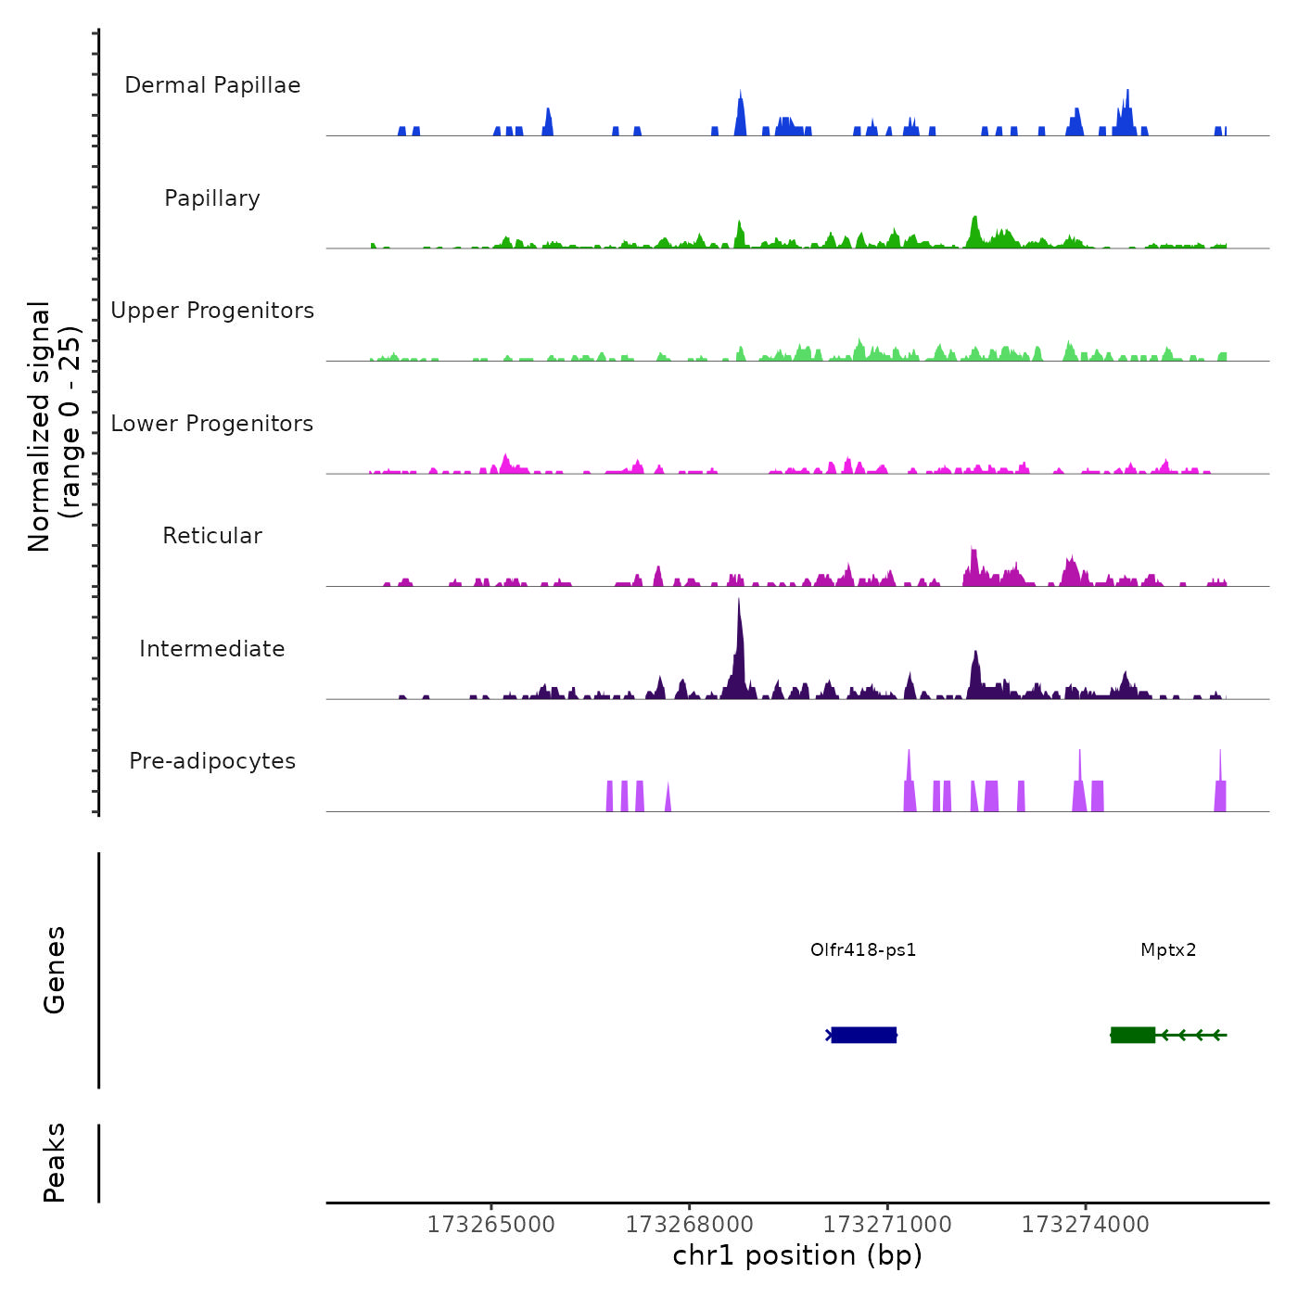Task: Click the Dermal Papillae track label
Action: [212, 85]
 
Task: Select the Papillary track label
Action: [212, 198]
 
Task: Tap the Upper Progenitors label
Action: [212, 311]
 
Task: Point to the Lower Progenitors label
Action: [212, 424]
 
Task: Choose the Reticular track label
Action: [212, 536]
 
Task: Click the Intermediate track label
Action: [212, 649]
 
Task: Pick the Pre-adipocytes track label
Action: [212, 761]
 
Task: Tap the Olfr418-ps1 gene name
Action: [863, 949]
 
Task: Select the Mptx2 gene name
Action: [1168, 949]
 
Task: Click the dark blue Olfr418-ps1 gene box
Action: [863, 1035]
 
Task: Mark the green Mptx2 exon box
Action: [1132, 1035]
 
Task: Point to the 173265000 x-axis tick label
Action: [490, 1225]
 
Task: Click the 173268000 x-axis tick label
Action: [689, 1225]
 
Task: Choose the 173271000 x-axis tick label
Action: [887, 1225]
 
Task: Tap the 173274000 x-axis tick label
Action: [1085, 1225]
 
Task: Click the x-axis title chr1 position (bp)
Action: [797, 1255]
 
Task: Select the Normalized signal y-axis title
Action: [54, 426]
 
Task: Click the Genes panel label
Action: [55, 970]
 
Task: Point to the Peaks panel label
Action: [55, 1163]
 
